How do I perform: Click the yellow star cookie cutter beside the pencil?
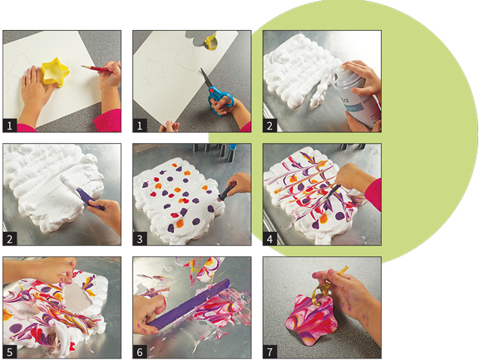[x=55, y=72]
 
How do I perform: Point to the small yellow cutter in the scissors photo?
[x=211, y=41]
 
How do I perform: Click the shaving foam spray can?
[x=355, y=96]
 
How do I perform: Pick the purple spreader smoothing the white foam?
[x=90, y=199]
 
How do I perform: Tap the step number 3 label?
[x=140, y=239]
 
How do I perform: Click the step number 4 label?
[x=269, y=239]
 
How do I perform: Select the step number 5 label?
[x=9, y=352]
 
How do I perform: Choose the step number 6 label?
[x=140, y=352]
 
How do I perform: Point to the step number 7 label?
[x=269, y=352]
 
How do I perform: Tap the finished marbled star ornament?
[x=311, y=321]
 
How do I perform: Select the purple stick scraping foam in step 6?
[x=189, y=303]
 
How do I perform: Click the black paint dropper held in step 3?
[x=227, y=192]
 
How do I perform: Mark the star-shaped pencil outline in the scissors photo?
[x=153, y=72]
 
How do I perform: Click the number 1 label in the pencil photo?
[x=9, y=126]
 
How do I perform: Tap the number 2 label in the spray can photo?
[x=269, y=126]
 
